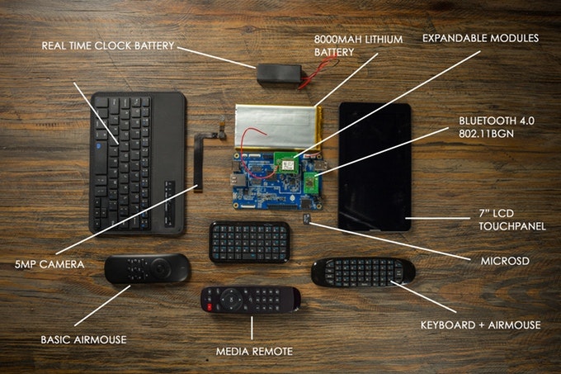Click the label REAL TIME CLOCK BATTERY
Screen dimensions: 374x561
pyautogui.click(x=107, y=45)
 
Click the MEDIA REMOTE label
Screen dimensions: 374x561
pyautogui.click(x=254, y=351)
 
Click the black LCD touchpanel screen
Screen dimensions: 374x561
pyautogui.click(x=374, y=165)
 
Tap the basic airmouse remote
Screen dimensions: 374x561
pyautogui.click(x=147, y=269)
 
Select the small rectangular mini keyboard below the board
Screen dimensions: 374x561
pyautogui.click(x=248, y=241)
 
